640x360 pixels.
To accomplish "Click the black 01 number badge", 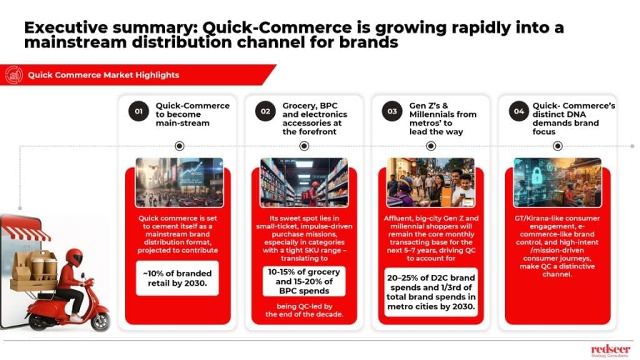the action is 138,111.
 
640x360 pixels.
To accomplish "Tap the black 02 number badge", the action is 265,111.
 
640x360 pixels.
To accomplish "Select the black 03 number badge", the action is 392,111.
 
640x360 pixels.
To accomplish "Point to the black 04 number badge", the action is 519,111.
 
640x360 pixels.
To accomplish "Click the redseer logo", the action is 611,350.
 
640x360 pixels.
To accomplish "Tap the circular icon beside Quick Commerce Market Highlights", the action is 14,75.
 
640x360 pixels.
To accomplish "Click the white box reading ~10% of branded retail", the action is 177,278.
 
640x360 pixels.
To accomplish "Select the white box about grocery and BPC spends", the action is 304,281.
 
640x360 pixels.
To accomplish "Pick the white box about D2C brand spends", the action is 431,292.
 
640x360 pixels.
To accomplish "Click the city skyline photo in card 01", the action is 179,182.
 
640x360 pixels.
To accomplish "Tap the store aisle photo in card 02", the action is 304,182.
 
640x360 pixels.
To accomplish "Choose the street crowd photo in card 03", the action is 431,182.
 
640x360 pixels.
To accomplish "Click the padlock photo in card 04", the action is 557,182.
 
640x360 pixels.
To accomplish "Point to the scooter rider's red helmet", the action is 74,257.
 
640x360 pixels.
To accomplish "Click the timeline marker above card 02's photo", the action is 304,146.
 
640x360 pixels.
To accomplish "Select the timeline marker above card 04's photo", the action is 557,146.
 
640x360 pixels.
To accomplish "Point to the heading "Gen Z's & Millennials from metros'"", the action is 443,114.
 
